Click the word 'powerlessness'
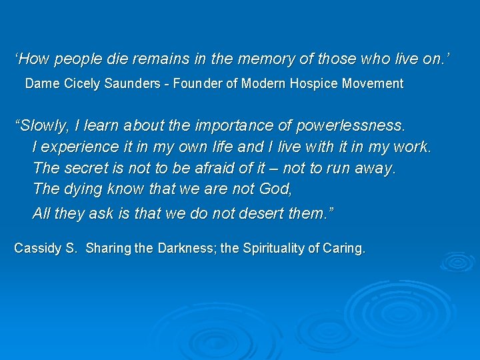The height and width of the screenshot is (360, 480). [350, 125]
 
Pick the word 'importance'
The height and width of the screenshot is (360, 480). [253, 125]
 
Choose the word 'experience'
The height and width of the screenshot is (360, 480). [72, 147]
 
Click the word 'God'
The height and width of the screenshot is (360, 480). [274, 189]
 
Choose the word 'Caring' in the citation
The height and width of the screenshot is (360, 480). [345, 249]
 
